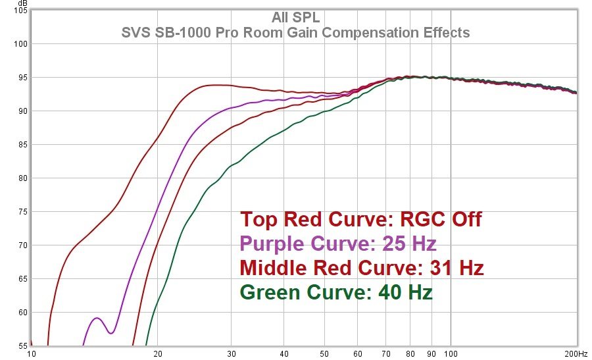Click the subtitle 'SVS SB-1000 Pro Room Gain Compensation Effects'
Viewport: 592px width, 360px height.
coord(295,32)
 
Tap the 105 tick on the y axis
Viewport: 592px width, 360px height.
coord(20,11)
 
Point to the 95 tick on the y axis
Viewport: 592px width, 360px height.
coord(21,78)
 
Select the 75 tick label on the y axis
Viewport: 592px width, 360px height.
coord(21,211)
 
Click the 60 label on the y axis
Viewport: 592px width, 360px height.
coord(21,312)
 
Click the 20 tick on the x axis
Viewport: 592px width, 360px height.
coord(158,354)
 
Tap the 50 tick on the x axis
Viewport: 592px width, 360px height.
coord(325,354)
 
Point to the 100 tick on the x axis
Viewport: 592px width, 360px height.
coord(451,354)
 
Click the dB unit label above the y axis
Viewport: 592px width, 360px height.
coord(22,3)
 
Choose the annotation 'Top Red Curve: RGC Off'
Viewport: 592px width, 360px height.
coord(360,219)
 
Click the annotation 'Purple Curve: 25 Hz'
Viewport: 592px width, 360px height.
coord(338,244)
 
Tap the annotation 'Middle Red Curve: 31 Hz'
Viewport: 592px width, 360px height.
coord(362,268)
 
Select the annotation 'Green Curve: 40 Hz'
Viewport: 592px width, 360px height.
coord(336,292)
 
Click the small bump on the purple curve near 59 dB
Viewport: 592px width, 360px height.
coord(97,318)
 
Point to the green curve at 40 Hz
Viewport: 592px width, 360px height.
coord(284,131)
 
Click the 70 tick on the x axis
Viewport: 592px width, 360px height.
coord(386,354)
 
